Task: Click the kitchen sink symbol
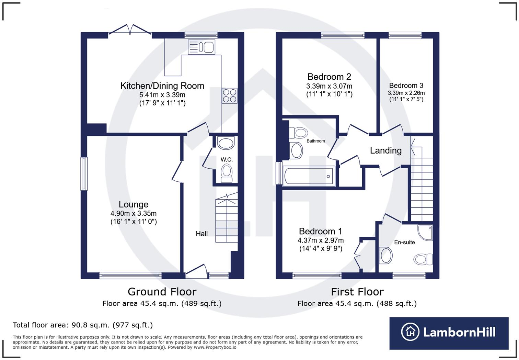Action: pyautogui.click(x=201, y=47)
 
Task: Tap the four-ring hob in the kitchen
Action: pyautogui.click(x=229, y=95)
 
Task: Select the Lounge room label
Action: pyautogui.click(x=134, y=204)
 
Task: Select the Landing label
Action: pyautogui.click(x=385, y=150)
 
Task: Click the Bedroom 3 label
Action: pyautogui.click(x=406, y=86)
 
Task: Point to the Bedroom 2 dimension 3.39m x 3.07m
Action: pyautogui.click(x=329, y=86)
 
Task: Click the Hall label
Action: pyautogui.click(x=201, y=234)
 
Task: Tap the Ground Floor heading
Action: pyautogui.click(x=162, y=292)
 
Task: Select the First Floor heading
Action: pyautogui.click(x=357, y=292)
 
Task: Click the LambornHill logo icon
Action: pyautogui.click(x=410, y=332)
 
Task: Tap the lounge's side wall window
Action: pyautogui.click(x=84, y=174)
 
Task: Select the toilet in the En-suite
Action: pyautogui.click(x=423, y=259)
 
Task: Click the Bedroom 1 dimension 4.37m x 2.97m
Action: pyautogui.click(x=321, y=240)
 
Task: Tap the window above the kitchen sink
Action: pyautogui.click(x=201, y=35)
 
